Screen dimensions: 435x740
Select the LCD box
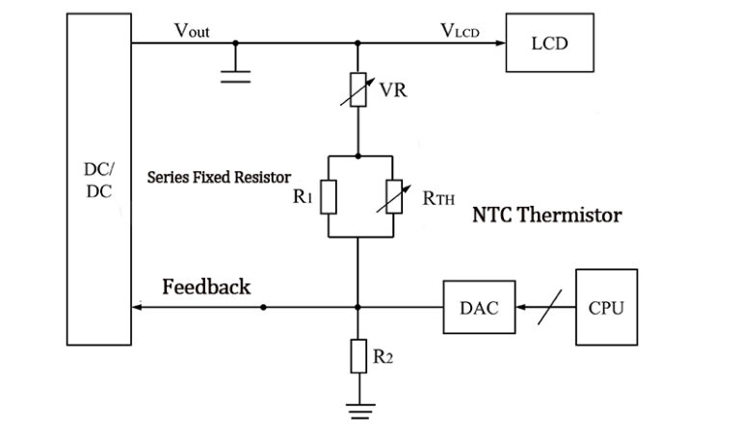click(x=548, y=42)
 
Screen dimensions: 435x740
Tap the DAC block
click(x=479, y=308)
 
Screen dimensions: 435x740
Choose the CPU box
click(x=605, y=307)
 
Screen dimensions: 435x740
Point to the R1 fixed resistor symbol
click(x=329, y=197)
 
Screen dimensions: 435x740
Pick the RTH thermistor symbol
click(x=391, y=197)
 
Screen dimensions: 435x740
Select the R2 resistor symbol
click(x=358, y=356)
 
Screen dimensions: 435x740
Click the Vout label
click(x=192, y=31)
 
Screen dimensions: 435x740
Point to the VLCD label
click(x=460, y=31)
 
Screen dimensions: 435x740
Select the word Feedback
click(x=206, y=287)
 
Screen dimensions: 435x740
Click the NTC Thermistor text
click(x=545, y=215)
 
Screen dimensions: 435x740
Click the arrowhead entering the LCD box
click(x=501, y=43)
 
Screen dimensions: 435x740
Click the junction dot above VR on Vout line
click(x=358, y=43)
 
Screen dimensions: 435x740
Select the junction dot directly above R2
click(x=358, y=308)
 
